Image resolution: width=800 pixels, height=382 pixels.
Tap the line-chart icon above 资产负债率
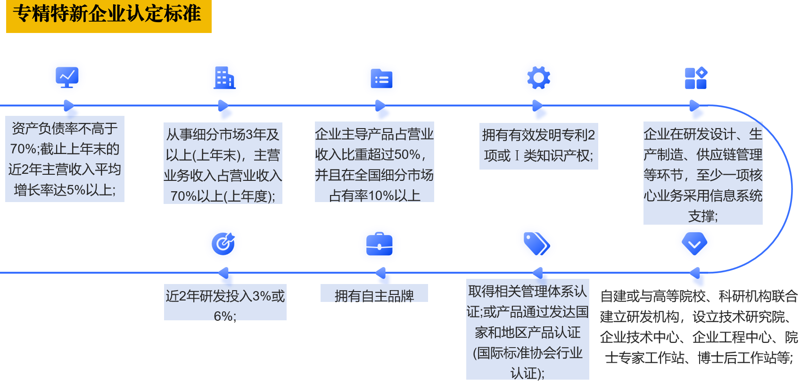67,76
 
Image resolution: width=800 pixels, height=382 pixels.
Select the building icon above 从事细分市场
224,78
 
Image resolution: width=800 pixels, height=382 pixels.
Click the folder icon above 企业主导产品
381,79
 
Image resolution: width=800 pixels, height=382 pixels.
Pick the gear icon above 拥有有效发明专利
538,78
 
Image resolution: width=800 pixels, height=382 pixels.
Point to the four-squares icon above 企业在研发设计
696,78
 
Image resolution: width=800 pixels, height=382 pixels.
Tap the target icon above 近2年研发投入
223,244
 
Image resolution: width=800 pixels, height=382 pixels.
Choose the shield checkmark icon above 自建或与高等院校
694,243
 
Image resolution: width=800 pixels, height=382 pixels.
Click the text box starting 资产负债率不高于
65,159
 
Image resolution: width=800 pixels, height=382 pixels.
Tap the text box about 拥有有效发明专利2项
538,146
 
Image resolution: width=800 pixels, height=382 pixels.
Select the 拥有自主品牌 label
374,294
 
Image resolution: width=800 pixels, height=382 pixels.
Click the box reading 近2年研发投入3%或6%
225,302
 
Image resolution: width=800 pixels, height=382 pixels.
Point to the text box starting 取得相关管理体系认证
528,330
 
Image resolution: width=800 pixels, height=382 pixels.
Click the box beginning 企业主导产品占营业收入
374,163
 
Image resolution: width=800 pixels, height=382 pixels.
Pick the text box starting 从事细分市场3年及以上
223,163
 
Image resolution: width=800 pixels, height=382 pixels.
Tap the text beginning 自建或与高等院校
698,327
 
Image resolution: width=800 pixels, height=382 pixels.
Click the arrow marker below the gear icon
540,111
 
